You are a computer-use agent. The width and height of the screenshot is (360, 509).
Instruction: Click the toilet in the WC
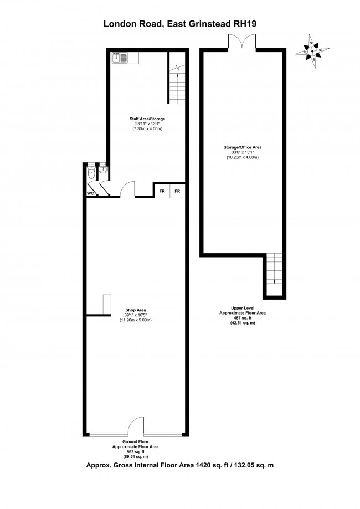91,174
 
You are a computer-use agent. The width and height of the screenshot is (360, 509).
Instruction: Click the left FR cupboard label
162,191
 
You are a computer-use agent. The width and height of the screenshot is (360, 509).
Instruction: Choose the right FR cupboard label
177,191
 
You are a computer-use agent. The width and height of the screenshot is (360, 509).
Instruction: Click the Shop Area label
135,310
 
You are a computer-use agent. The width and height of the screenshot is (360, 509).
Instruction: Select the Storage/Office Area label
243,147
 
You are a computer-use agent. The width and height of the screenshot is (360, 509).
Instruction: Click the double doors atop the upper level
241,42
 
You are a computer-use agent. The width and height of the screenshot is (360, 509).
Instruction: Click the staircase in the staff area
176,83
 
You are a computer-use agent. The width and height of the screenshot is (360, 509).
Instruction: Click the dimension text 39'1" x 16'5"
135,315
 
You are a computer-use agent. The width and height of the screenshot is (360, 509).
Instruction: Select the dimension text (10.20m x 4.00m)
243,158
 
